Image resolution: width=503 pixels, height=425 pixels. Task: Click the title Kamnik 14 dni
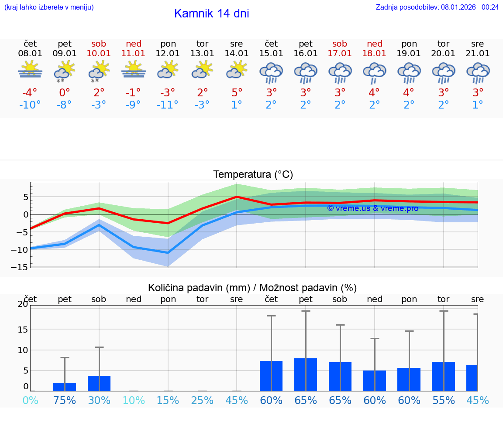click(211, 14)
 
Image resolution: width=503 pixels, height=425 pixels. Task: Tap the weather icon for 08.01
click(30, 69)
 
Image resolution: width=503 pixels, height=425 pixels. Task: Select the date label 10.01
click(99, 54)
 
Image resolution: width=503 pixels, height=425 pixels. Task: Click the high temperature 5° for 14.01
click(237, 92)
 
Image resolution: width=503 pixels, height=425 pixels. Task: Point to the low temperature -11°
click(168, 105)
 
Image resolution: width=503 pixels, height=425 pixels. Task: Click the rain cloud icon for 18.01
click(374, 72)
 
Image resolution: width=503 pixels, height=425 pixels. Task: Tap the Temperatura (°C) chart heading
click(253, 175)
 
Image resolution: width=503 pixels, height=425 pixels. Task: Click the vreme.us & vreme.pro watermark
click(372, 208)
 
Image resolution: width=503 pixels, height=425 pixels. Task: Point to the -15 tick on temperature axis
click(23, 267)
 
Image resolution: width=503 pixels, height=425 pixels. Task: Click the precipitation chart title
click(252, 288)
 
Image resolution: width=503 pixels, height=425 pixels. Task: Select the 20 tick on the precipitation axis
click(23, 304)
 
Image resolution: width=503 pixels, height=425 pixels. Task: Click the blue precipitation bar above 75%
click(65, 387)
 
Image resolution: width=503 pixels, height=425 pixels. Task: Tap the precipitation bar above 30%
click(99, 383)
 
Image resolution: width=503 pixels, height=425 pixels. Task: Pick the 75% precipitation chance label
click(65, 401)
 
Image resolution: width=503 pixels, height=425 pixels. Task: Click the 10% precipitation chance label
click(134, 401)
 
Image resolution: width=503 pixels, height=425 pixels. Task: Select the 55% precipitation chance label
click(444, 401)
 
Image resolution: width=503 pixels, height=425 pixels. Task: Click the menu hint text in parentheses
click(49, 7)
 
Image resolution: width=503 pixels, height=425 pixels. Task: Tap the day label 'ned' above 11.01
click(134, 44)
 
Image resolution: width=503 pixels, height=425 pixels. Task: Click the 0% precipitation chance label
click(30, 401)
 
